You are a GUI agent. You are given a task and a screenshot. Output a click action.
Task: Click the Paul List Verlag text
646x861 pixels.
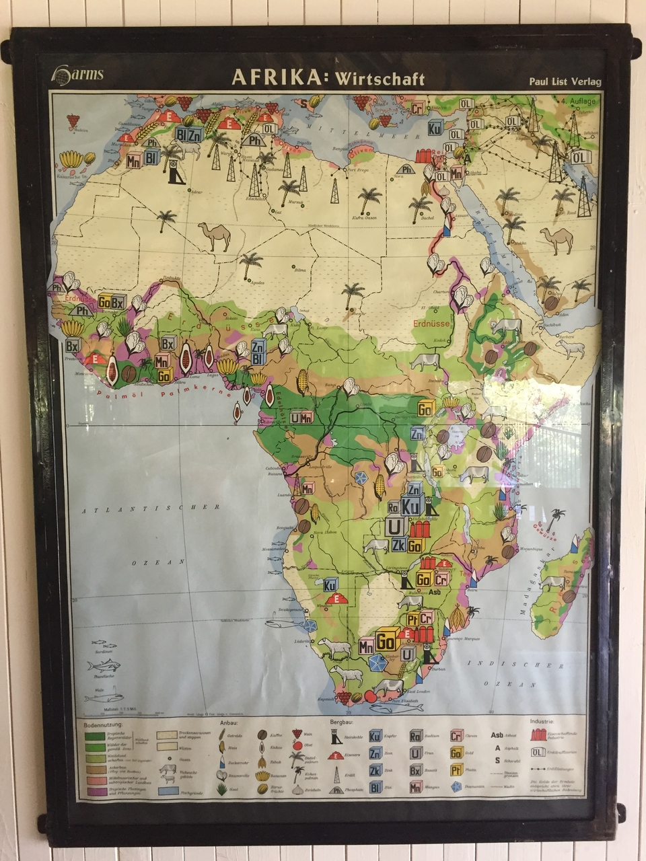click(x=564, y=81)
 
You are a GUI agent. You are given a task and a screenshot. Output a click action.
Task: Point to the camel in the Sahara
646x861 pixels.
click(x=215, y=237)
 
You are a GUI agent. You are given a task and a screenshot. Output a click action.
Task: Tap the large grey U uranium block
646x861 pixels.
click(x=394, y=525)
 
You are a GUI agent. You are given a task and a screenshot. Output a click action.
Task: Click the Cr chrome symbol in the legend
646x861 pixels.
click(x=456, y=737)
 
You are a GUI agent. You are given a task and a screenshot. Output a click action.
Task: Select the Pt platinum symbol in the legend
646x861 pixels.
click(x=456, y=770)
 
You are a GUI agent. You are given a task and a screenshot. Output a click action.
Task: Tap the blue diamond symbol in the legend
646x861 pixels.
click(x=457, y=786)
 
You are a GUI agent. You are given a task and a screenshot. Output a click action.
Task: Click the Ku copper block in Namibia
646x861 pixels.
click(x=330, y=585)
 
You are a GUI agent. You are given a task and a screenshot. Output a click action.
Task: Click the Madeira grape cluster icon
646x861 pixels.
click(x=73, y=121)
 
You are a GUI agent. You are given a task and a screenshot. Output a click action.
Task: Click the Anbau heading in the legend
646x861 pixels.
click(x=229, y=723)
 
